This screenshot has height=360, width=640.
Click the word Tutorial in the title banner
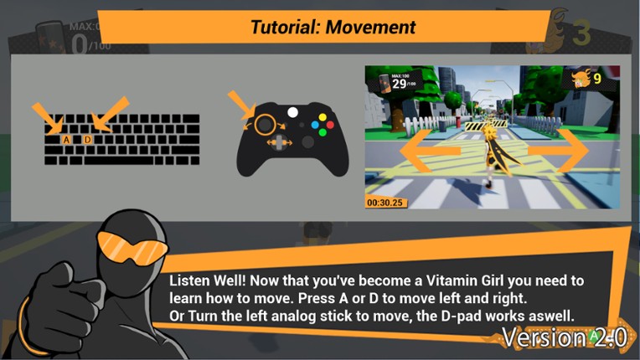285,27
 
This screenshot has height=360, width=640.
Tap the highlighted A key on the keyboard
66,139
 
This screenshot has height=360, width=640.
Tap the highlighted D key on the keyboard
89,139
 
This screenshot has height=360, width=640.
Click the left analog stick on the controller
265,124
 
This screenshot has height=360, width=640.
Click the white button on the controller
292,111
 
